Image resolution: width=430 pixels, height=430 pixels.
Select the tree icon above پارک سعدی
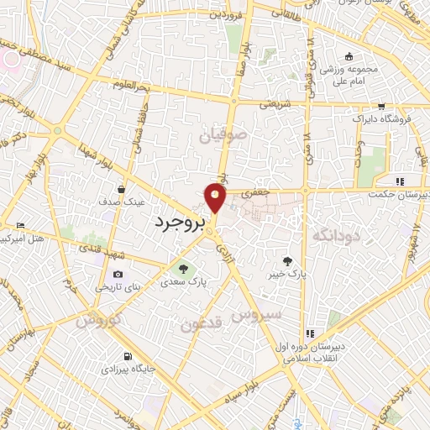click(182, 269)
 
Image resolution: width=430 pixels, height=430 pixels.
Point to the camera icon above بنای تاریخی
click(118, 274)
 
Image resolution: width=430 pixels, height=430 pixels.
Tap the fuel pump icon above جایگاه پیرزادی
click(127, 355)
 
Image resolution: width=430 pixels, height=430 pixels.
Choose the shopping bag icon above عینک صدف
click(123, 189)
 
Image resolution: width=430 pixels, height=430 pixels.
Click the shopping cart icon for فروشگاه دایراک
click(382, 107)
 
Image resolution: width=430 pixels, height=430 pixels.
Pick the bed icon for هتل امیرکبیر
click(20, 226)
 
